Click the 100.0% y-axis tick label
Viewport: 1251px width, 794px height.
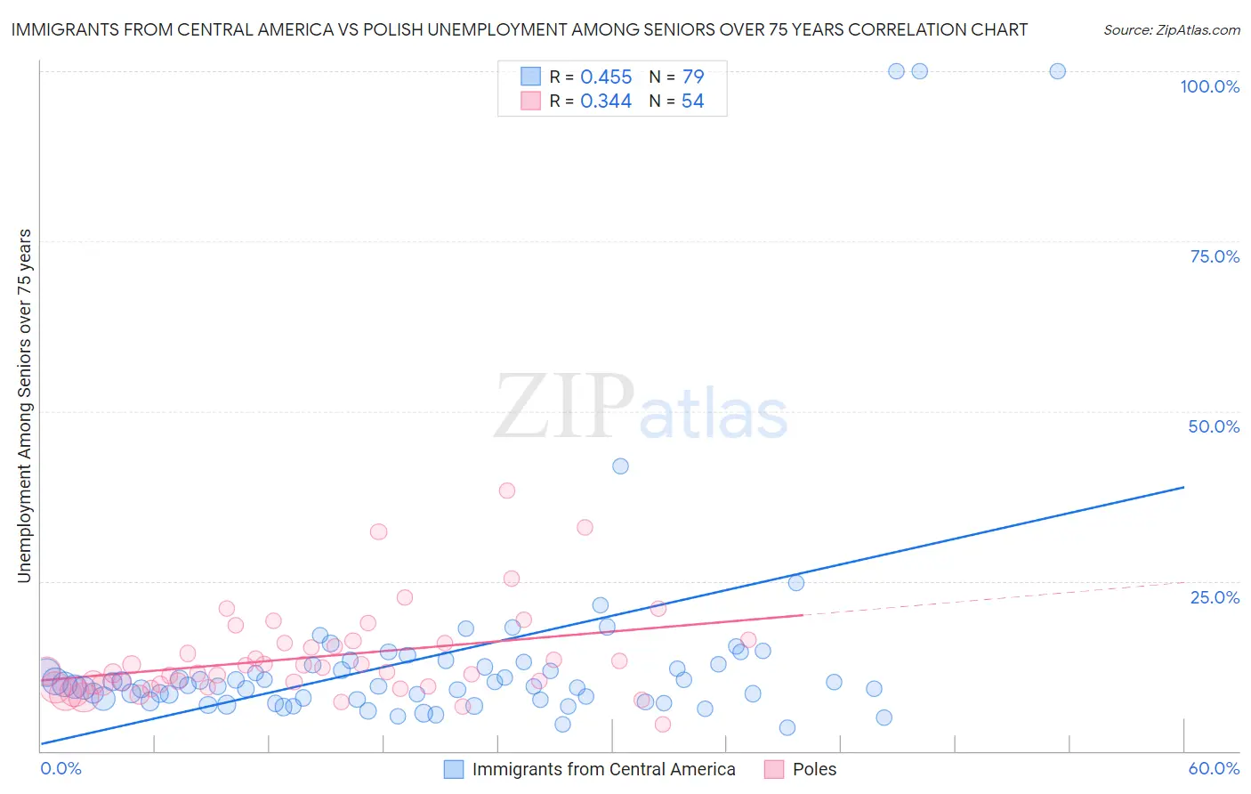pyautogui.click(x=1209, y=86)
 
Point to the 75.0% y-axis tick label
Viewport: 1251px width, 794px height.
pyautogui.click(x=1215, y=256)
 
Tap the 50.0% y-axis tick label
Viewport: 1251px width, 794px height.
pyautogui.click(x=1214, y=426)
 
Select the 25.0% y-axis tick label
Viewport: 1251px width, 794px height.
pyautogui.click(x=1215, y=597)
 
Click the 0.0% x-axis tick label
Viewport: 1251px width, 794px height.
pyautogui.click(x=61, y=768)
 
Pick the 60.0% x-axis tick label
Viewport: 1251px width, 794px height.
pyautogui.click(x=1214, y=768)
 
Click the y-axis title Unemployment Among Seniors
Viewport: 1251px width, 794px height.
pyautogui.click(x=24, y=406)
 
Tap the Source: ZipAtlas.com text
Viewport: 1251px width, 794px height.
pyautogui.click(x=1171, y=29)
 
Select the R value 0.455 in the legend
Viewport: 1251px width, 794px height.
pyautogui.click(x=606, y=77)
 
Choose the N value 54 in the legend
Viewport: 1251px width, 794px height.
pyautogui.click(x=692, y=101)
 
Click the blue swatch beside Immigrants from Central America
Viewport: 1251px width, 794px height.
pyautogui.click(x=454, y=769)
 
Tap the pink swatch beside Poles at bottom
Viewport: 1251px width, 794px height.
pyautogui.click(x=774, y=769)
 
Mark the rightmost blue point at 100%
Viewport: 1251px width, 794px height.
pyautogui.click(x=1057, y=71)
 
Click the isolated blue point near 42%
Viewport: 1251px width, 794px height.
pyautogui.click(x=620, y=466)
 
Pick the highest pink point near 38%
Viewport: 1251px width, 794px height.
pyautogui.click(x=507, y=490)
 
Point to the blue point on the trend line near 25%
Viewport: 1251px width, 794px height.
pyautogui.click(x=796, y=583)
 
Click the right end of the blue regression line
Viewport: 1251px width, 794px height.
pyautogui.click(x=1183, y=487)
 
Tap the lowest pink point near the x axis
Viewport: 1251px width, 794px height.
pyautogui.click(x=663, y=725)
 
